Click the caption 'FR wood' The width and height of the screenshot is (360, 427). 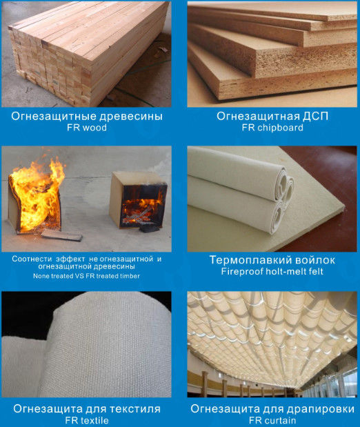pyautogui.click(x=87, y=128)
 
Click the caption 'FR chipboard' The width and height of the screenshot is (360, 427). pyautogui.click(x=272, y=128)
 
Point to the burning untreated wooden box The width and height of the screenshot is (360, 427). pyautogui.click(x=35, y=201)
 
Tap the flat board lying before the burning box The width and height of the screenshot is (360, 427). pyautogui.click(x=61, y=235)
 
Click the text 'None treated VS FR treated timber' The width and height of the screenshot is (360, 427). pyautogui.click(x=86, y=276)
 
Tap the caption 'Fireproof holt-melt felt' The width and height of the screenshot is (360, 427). pyautogui.click(x=272, y=272)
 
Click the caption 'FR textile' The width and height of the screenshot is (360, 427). pyautogui.click(x=87, y=421)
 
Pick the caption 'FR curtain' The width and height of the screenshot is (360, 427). pyautogui.click(x=272, y=421)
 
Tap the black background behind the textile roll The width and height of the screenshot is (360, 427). pyautogui.click(x=30, y=313)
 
